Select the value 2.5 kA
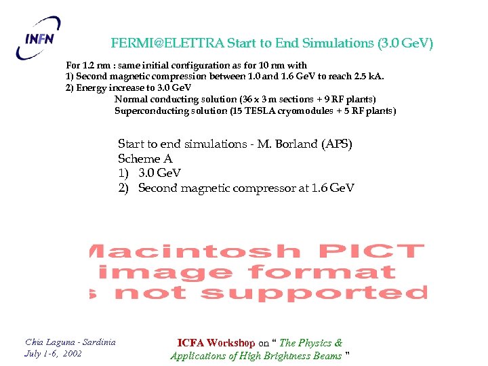376,76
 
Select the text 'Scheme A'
145,159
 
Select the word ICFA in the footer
190,343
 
